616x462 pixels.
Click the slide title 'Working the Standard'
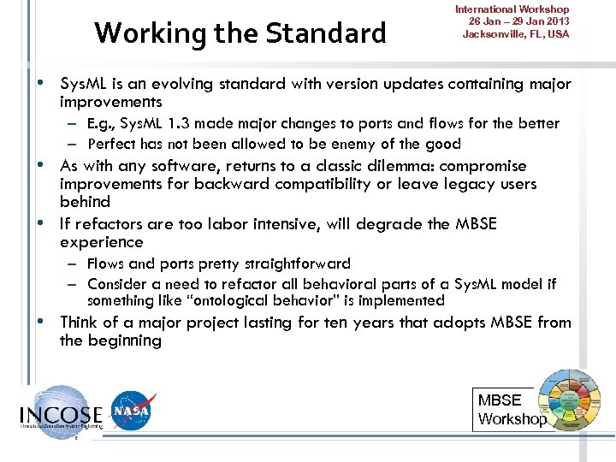pyautogui.click(x=240, y=33)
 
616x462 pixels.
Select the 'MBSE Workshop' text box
pyautogui.click(x=511, y=409)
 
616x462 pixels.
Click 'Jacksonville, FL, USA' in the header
pyautogui.click(x=515, y=34)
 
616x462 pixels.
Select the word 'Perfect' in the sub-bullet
pyautogui.click(x=111, y=144)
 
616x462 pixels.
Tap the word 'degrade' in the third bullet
pyautogui.click(x=380, y=224)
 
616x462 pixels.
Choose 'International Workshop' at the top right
pyautogui.click(x=512, y=9)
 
